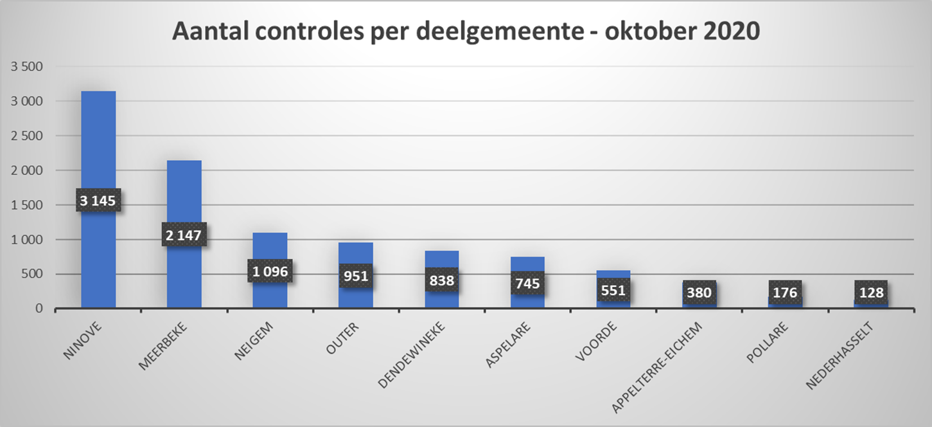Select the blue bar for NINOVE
tap(98, 141)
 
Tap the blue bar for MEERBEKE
tap(184, 193)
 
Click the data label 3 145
tap(98, 201)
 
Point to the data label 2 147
tap(184, 236)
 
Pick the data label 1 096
tap(269, 271)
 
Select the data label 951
tap(355, 276)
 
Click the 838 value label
tap(441, 280)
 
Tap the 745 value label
tap(527, 283)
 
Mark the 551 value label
tap(613, 290)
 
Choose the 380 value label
tap(699, 293)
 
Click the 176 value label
tap(785, 293)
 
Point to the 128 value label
tap(870, 293)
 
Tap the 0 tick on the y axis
tap(39, 309)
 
